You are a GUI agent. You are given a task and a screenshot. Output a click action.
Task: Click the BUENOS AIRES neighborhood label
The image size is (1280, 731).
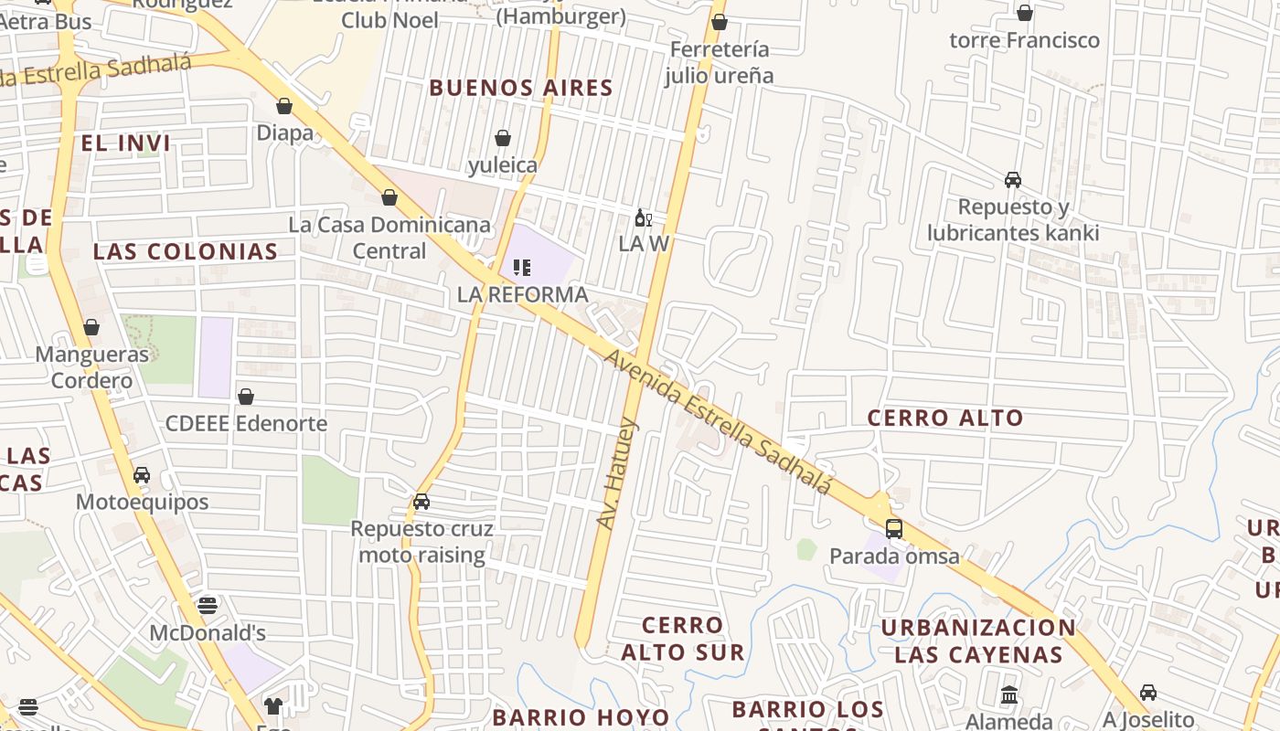point(520,89)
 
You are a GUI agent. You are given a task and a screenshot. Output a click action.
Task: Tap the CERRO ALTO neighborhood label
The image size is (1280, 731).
point(945,418)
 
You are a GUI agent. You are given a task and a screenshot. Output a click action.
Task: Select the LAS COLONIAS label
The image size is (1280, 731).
point(186,252)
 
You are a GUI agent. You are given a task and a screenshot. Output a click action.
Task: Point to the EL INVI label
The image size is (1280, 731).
point(125,143)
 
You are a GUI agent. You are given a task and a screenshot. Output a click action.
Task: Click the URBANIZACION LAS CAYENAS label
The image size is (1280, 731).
point(978,641)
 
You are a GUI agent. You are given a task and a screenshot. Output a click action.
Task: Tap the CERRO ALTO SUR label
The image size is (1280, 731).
point(682,639)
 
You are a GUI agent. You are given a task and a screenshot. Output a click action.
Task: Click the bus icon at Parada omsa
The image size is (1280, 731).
point(893,529)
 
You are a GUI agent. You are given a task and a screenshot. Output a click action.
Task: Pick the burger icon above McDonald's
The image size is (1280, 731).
point(208,605)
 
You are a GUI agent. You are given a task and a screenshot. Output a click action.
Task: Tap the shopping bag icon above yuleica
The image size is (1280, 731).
point(502,138)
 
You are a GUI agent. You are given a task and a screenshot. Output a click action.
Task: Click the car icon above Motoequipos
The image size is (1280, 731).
point(142,475)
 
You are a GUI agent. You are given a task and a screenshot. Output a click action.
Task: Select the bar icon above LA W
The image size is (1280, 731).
point(643,217)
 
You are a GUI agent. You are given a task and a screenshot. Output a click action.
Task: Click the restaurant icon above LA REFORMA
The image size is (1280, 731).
point(522,268)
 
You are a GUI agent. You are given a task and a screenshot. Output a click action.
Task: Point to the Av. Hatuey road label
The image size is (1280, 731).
point(617,473)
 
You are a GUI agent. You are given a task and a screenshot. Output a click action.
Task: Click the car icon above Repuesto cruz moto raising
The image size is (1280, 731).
point(421,502)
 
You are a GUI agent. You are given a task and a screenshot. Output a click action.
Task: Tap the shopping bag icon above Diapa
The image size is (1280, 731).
point(284,106)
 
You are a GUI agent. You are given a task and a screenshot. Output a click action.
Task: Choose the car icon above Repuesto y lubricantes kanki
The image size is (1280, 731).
point(1013,180)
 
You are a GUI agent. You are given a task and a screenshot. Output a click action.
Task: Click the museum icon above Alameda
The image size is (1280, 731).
point(1009,695)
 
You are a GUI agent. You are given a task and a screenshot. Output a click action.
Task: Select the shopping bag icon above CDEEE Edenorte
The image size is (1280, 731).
point(245,397)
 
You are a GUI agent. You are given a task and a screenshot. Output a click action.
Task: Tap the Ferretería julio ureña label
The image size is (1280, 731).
point(719,62)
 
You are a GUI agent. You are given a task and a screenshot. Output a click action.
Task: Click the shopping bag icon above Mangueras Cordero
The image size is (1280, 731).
point(91,327)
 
